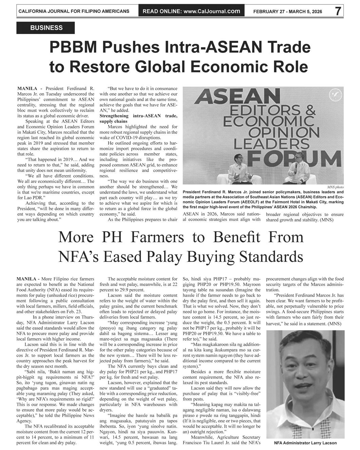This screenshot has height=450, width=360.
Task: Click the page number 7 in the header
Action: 338,11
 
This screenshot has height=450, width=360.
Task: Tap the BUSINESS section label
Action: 46,28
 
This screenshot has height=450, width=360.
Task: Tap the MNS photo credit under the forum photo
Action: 335,187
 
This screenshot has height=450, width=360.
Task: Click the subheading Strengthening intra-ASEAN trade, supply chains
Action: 138,119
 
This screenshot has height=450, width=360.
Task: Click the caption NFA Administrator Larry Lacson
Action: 305,443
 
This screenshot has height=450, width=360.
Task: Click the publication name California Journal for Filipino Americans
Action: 74,11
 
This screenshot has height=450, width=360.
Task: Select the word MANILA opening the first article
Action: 27,89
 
